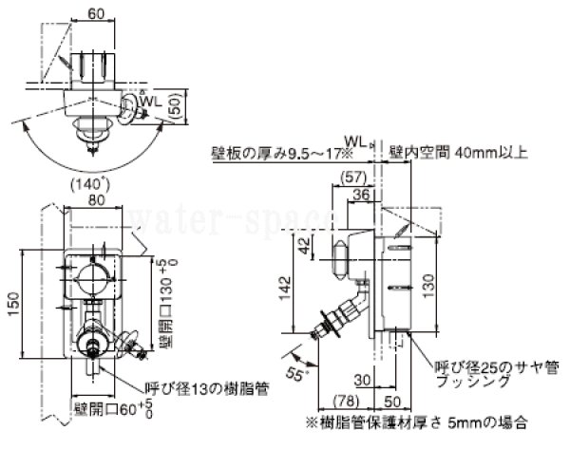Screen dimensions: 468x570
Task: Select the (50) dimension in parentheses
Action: click(x=175, y=104)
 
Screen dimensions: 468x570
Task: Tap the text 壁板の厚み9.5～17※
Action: click(x=281, y=152)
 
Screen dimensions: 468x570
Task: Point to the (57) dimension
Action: click(x=352, y=178)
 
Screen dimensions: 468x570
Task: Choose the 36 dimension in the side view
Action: click(x=362, y=196)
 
